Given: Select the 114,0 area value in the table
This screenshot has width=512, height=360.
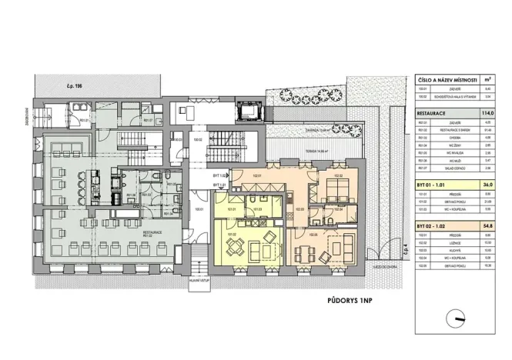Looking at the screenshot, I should click(x=485, y=113).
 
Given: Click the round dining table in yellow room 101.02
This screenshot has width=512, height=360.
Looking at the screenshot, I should click(x=236, y=245).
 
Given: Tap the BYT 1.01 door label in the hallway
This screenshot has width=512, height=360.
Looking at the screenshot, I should click(x=218, y=185).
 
